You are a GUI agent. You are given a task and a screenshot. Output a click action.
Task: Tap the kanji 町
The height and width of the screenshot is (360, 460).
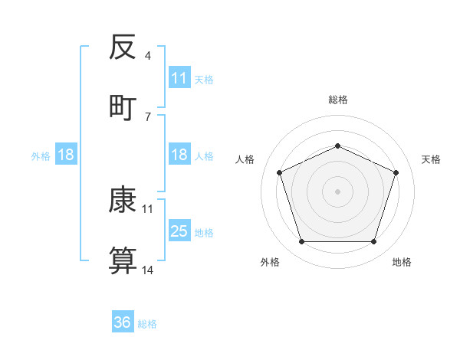(123, 106)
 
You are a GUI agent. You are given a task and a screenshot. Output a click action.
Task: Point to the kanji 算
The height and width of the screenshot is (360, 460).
(123, 261)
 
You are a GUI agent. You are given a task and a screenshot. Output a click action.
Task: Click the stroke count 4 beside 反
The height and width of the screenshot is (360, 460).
(148, 56)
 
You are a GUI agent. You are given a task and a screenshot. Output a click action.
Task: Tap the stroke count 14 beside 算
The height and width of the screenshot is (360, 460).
(148, 270)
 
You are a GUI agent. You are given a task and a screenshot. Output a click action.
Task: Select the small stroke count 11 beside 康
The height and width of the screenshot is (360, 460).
(148, 208)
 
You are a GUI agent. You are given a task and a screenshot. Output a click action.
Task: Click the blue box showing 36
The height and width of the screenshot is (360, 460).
(123, 322)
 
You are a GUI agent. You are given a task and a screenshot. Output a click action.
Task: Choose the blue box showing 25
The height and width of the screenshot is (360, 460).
(179, 231)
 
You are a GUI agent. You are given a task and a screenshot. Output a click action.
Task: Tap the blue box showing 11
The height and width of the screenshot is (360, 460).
(179, 78)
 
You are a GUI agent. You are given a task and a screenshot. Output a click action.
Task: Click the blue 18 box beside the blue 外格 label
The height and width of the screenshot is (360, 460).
(66, 155)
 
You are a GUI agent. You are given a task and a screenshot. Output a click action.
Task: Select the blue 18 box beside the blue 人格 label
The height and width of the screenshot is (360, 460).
(179, 155)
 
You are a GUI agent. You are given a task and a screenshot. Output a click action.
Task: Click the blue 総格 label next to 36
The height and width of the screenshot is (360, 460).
(147, 323)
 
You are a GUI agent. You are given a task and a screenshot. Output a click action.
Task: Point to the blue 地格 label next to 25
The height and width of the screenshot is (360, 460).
(204, 232)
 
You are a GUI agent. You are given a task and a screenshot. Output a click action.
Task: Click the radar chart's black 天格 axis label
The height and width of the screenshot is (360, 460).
(431, 159)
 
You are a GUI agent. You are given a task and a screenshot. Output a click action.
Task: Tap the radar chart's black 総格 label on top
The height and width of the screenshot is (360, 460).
(337, 100)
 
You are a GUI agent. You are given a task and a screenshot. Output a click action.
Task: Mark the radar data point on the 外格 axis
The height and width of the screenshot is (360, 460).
(301, 242)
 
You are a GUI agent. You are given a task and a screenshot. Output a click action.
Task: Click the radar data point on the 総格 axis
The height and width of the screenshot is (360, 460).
(337, 146)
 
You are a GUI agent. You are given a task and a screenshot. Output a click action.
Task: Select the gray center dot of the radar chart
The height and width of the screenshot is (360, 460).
(337, 191)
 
